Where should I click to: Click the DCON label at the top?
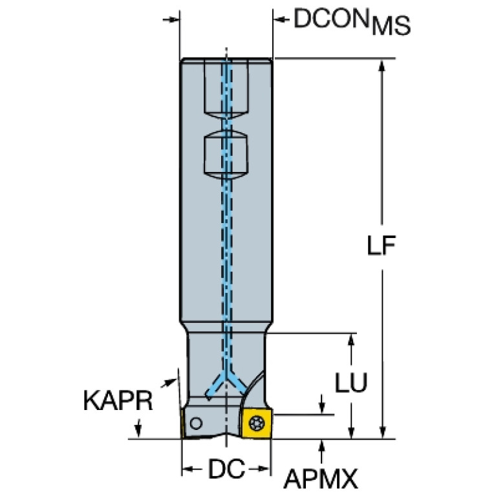pyautogui.click(x=332, y=19)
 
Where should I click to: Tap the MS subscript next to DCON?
pyautogui.click(x=391, y=27)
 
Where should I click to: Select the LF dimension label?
pyautogui.click(x=381, y=246)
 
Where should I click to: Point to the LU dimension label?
pyautogui.click(x=351, y=382)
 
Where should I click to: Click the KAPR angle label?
pyautogui.click(x=118, y=400)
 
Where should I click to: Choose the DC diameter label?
pyautogui.click(x=226, y=468)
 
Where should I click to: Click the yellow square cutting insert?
pyautogui.click(x=257, y=423)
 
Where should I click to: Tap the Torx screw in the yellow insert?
pyautogui.click(x=256, y=423)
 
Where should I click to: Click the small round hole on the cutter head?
pyautogui.click(x=196, y=423)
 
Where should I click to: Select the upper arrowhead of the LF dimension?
pyautogui.click(x=382, y=67)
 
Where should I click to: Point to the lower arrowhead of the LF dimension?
pyautogui.click(x=382, y=431)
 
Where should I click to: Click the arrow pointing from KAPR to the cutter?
pyautogui.click(x=169, y=383)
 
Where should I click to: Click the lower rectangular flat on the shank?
pyautogui.click(x=226, y=155)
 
